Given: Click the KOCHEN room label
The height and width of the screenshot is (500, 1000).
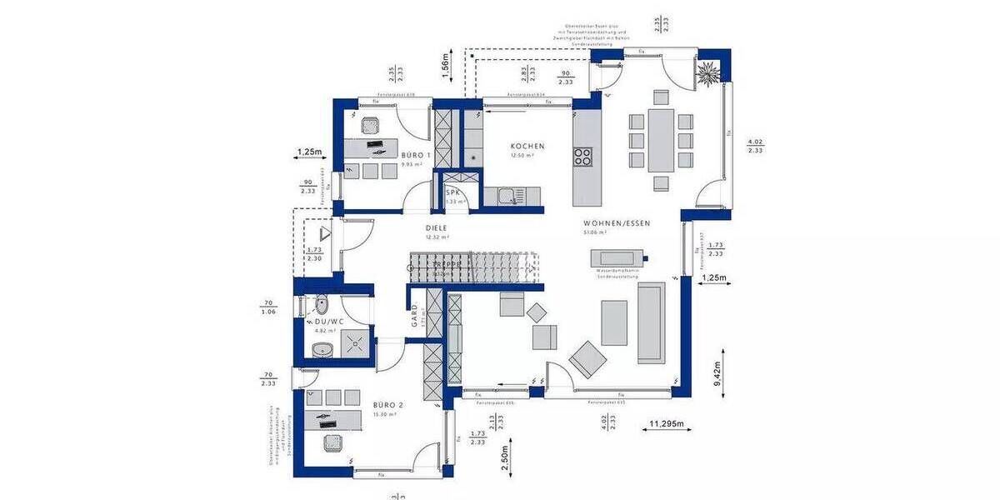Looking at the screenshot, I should click(x=527, y=146).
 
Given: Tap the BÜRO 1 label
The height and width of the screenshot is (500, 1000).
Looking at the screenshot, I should click(x=416, y=156).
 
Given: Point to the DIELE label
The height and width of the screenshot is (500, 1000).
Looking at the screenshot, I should click(x=437, y=227).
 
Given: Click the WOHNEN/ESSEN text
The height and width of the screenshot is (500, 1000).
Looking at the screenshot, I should click(x=617, y=223).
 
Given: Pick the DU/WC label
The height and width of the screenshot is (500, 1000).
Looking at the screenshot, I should click(x=328, y=321).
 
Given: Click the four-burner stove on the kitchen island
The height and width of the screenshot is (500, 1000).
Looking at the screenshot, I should click(x=582, y=156).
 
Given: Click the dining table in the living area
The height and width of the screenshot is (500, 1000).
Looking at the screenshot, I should click(x=661, y=139).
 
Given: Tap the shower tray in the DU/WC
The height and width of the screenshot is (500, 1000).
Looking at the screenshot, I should click(x=357, y=341).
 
